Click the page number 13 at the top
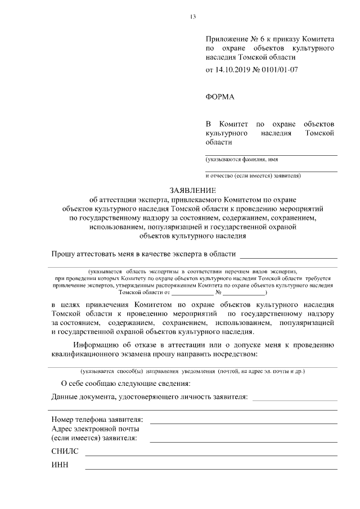192,16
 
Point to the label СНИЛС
62,452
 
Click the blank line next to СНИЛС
211,454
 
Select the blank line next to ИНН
211,469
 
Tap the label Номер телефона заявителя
97,420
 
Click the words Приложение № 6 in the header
232,40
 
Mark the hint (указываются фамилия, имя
242,160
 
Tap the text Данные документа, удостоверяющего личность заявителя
149,397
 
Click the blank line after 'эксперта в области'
289,258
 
